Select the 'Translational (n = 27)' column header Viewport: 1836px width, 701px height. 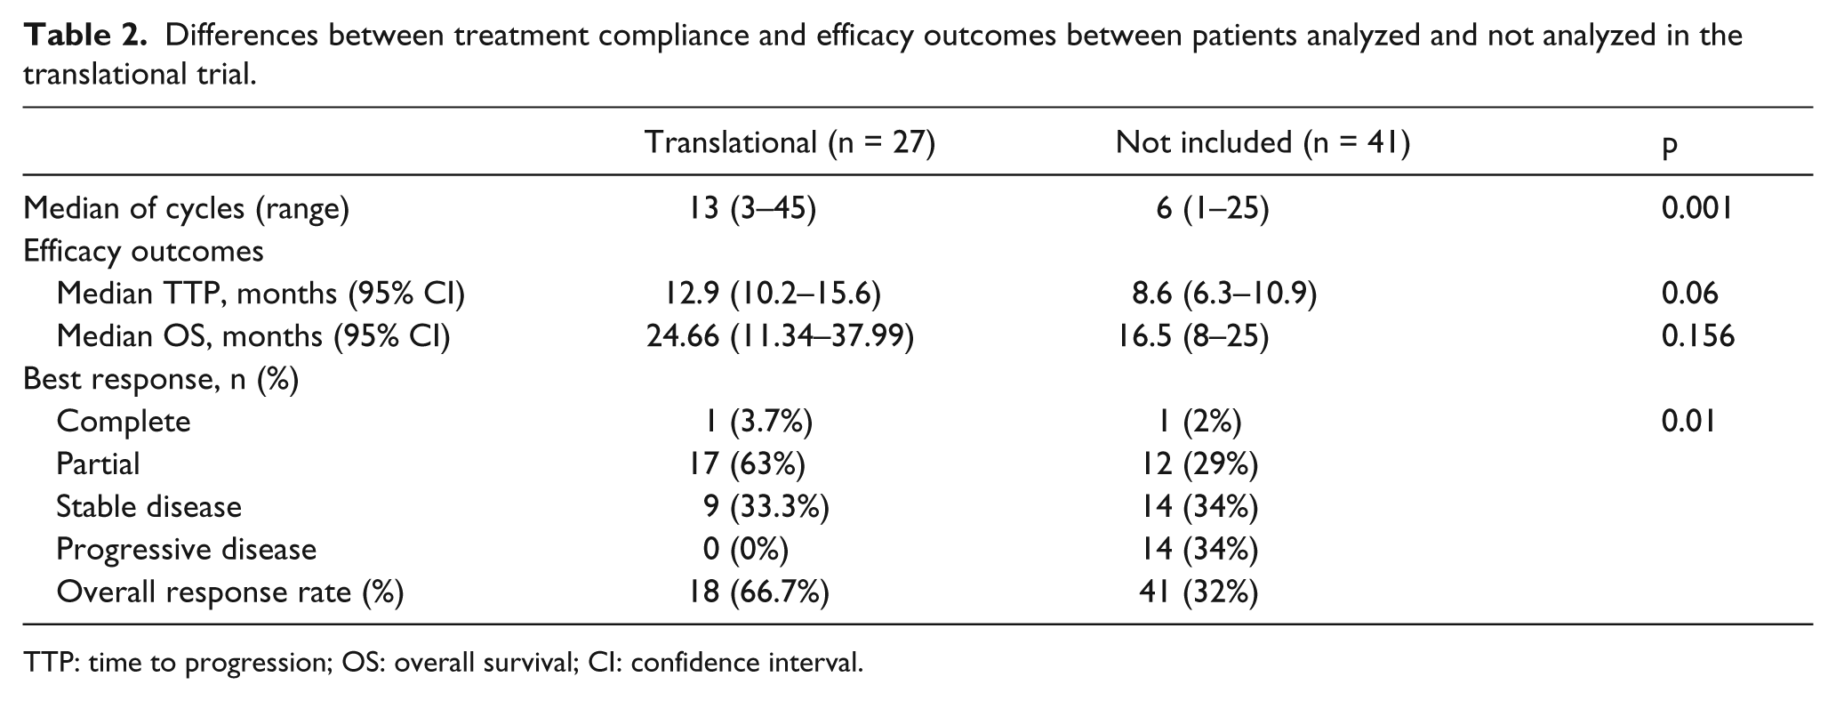790,142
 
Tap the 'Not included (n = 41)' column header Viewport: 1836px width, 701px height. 1263,142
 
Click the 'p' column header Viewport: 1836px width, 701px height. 1670,146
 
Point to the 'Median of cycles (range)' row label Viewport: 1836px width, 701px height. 187,208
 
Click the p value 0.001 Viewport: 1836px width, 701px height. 1697,207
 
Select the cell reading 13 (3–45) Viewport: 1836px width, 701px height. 750,208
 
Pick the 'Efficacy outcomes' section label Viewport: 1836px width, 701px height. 143,251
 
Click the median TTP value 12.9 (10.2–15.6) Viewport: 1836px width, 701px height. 773,294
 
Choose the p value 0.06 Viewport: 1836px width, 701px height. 1689,293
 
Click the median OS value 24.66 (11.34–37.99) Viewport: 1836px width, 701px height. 780,336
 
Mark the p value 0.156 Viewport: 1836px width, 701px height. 1697,335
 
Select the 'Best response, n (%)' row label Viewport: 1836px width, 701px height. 161,379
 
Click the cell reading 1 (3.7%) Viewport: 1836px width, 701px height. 757,422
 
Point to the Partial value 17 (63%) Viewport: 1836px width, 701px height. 747,464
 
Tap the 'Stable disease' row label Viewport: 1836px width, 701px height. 148,506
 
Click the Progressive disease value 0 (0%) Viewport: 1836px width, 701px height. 745,550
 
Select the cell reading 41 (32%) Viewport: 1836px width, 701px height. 1199,592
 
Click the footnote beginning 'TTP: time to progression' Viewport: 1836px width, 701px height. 443,663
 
